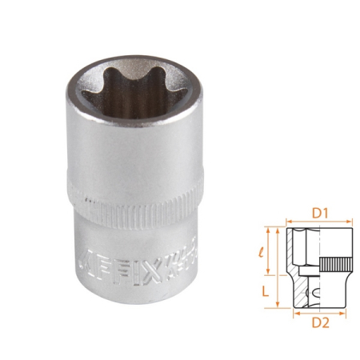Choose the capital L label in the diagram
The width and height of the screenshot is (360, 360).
[266, 291]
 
